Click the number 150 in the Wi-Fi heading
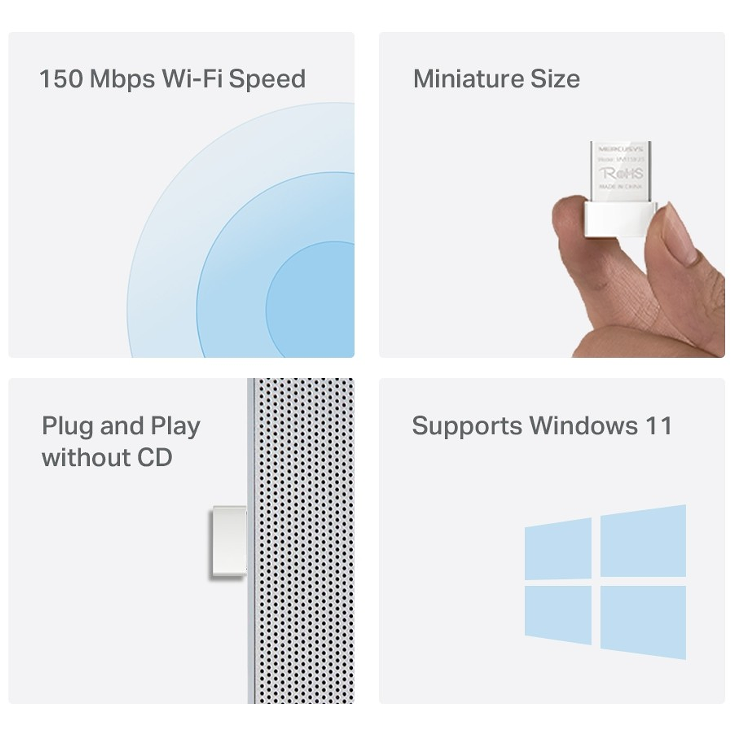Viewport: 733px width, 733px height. click(x=61, y=79)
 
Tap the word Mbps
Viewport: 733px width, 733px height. click(x=122, y=80)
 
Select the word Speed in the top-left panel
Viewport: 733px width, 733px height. click(x=267, y=80)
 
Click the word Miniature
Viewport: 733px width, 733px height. click(x=467, y=79)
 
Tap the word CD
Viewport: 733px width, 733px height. click(x=154, y=457)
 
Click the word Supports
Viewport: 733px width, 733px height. click(x=466, y=427)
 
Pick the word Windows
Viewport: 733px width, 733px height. click(x=583, y=426)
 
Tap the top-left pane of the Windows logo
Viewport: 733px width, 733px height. click(x=558, y=549)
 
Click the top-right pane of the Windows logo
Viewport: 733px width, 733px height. click(x=643, y=541)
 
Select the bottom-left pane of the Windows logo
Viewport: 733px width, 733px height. click(x=558, y=614)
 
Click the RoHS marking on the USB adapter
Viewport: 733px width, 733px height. click(x=621, y=174)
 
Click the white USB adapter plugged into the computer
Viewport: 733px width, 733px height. click(x=228, y=542)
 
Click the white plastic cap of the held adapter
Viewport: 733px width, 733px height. click(x=620, y=219)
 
